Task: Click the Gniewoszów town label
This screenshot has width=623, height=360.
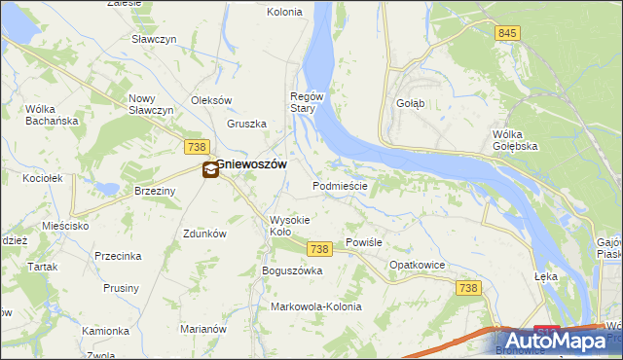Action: tap(251, 165)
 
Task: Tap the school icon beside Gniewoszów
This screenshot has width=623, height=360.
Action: tap(210, 170)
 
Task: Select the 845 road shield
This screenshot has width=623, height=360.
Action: tap(506, 33)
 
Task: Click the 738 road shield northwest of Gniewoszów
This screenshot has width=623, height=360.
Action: tap(195, 145)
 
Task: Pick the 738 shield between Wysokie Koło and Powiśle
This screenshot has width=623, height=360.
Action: tap(320, 250)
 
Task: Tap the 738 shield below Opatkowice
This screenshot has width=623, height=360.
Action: tap(469, 287)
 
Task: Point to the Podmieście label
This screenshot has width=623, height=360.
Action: tap(340, 186)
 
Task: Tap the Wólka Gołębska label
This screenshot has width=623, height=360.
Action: tap(515, 139)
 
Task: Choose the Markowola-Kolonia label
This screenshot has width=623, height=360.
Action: tap(315, 306)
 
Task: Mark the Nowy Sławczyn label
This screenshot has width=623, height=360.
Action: tap(151, 104)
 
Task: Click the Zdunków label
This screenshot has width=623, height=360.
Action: tap(204, 234)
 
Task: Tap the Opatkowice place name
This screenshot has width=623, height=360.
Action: tap(417, 265)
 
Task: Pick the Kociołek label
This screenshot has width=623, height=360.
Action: tap(43, 179)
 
